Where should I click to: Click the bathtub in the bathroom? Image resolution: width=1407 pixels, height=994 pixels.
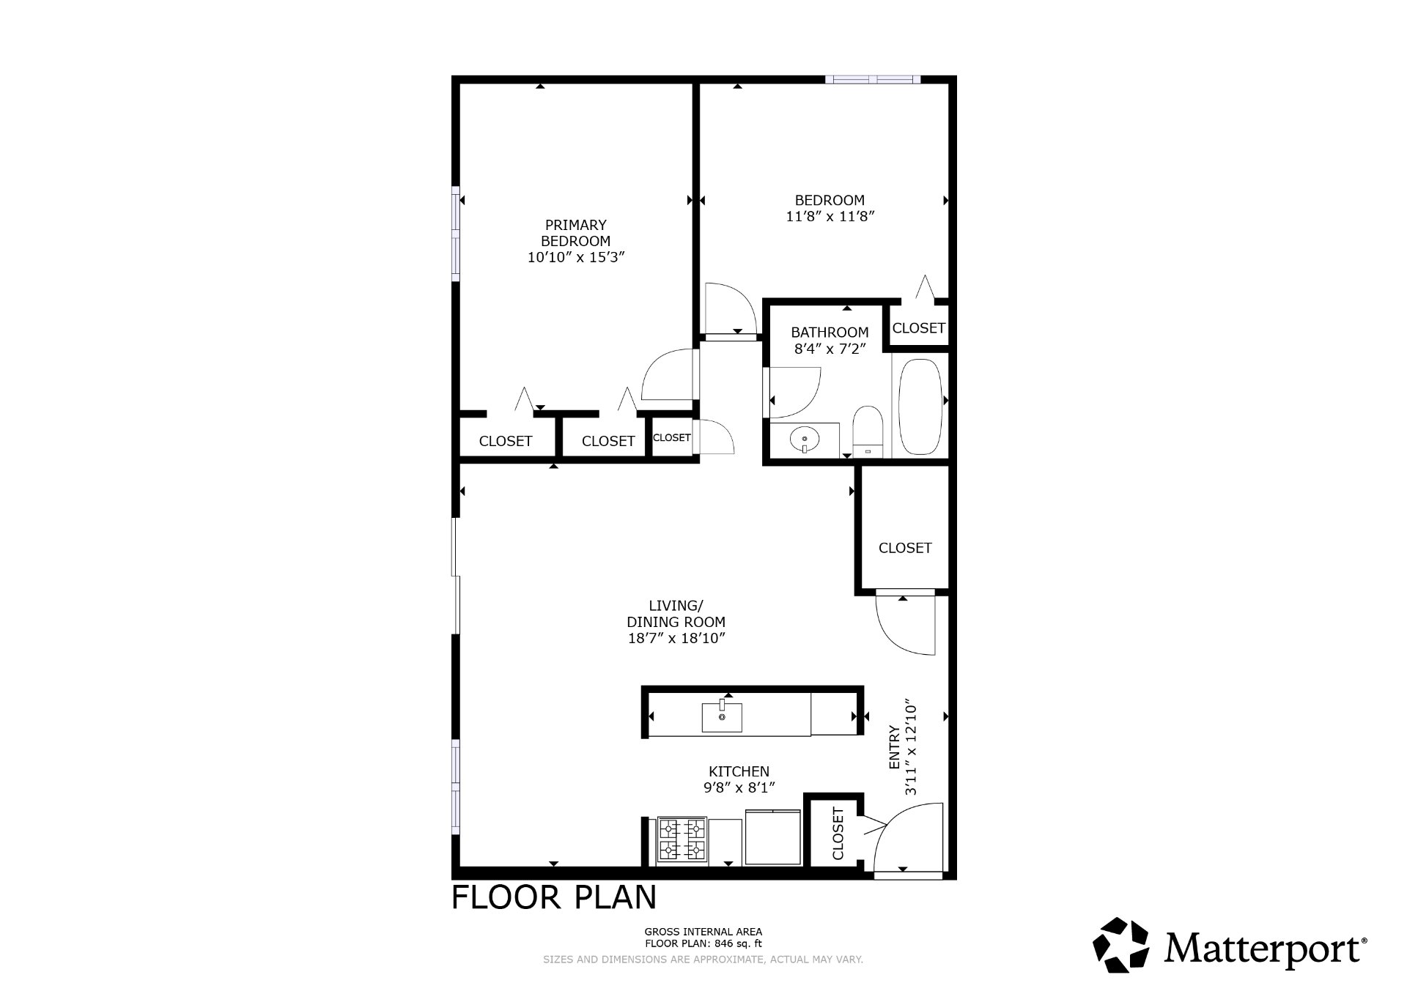point(920,407)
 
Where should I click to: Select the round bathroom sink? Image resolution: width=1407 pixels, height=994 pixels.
point(805,440)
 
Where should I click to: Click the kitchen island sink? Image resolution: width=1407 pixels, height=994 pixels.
point(722,716)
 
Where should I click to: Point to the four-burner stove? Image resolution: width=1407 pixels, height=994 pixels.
point(682,839)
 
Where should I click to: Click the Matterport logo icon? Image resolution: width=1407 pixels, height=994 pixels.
point(1121,945)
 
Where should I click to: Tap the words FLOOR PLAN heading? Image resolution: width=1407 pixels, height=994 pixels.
point(554,897)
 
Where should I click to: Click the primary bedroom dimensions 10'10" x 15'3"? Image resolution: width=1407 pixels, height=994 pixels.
point(576,257)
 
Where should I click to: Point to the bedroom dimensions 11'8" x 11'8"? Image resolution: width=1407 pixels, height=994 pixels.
point(830,216)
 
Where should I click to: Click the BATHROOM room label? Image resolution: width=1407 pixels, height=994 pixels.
point(830,333)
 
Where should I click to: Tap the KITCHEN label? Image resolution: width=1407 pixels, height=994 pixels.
point(739,771)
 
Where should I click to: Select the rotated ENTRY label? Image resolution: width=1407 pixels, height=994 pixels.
point(894,747)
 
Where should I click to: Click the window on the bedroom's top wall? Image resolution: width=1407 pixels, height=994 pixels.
point(872,79)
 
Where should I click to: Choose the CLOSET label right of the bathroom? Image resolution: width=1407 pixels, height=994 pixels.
point(919,328)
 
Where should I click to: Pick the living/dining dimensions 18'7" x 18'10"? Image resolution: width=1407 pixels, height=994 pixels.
point(676,638)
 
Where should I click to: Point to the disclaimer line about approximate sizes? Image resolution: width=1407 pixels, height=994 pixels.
point(703,960)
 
